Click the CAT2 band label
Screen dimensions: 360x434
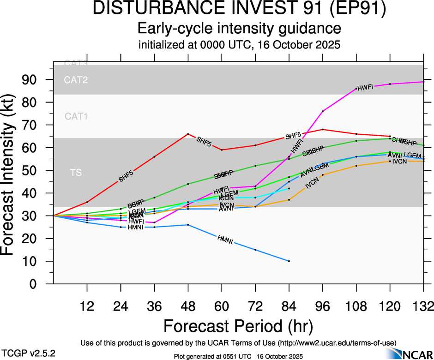[x=76, y=80]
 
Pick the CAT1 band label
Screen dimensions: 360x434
[x=76, y=117]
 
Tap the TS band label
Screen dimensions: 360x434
[x=76, y=173]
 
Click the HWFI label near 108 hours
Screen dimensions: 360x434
[x=365, y=88]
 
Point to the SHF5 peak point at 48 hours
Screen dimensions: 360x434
[x=188, y=134]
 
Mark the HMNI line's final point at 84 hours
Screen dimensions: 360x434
[x=289, y=261]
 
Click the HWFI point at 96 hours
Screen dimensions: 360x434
[x=323, y=111]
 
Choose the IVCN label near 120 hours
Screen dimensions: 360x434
[x=399, y=162]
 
